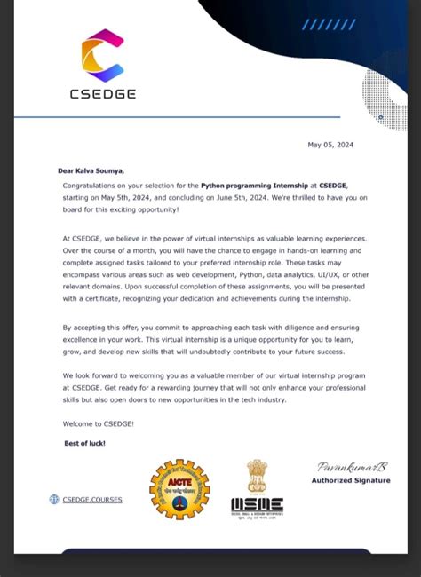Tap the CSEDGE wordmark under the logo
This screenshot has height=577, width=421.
click(x=102, y=93)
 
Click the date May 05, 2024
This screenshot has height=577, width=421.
click(x=330, y=145)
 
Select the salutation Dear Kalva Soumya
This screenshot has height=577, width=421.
click(x=91, y=170)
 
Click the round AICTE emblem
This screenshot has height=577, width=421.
click(x=179, y=489)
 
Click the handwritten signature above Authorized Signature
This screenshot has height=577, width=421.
click(x=341, y=467)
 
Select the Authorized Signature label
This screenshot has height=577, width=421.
click(x=350, y=481)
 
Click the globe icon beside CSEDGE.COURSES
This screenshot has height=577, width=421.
click(x=54, y=500)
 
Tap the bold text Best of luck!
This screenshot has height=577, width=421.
click(x=84, y=443)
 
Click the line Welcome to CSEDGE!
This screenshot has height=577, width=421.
click(x=99, y=423)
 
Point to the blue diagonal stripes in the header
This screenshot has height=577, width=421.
click(x=328, y=25)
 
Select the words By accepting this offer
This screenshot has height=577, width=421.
click(x=103, y=328)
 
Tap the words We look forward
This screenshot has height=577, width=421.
click(x=89, y=375)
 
